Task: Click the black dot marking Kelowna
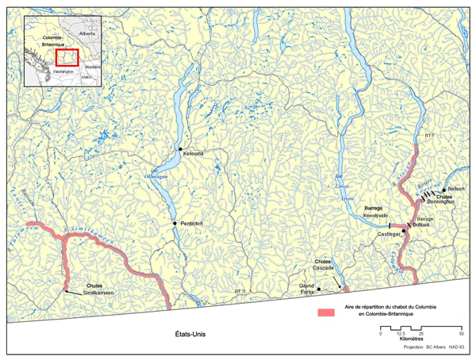180,149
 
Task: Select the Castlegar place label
390,235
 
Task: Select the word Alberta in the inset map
87,35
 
